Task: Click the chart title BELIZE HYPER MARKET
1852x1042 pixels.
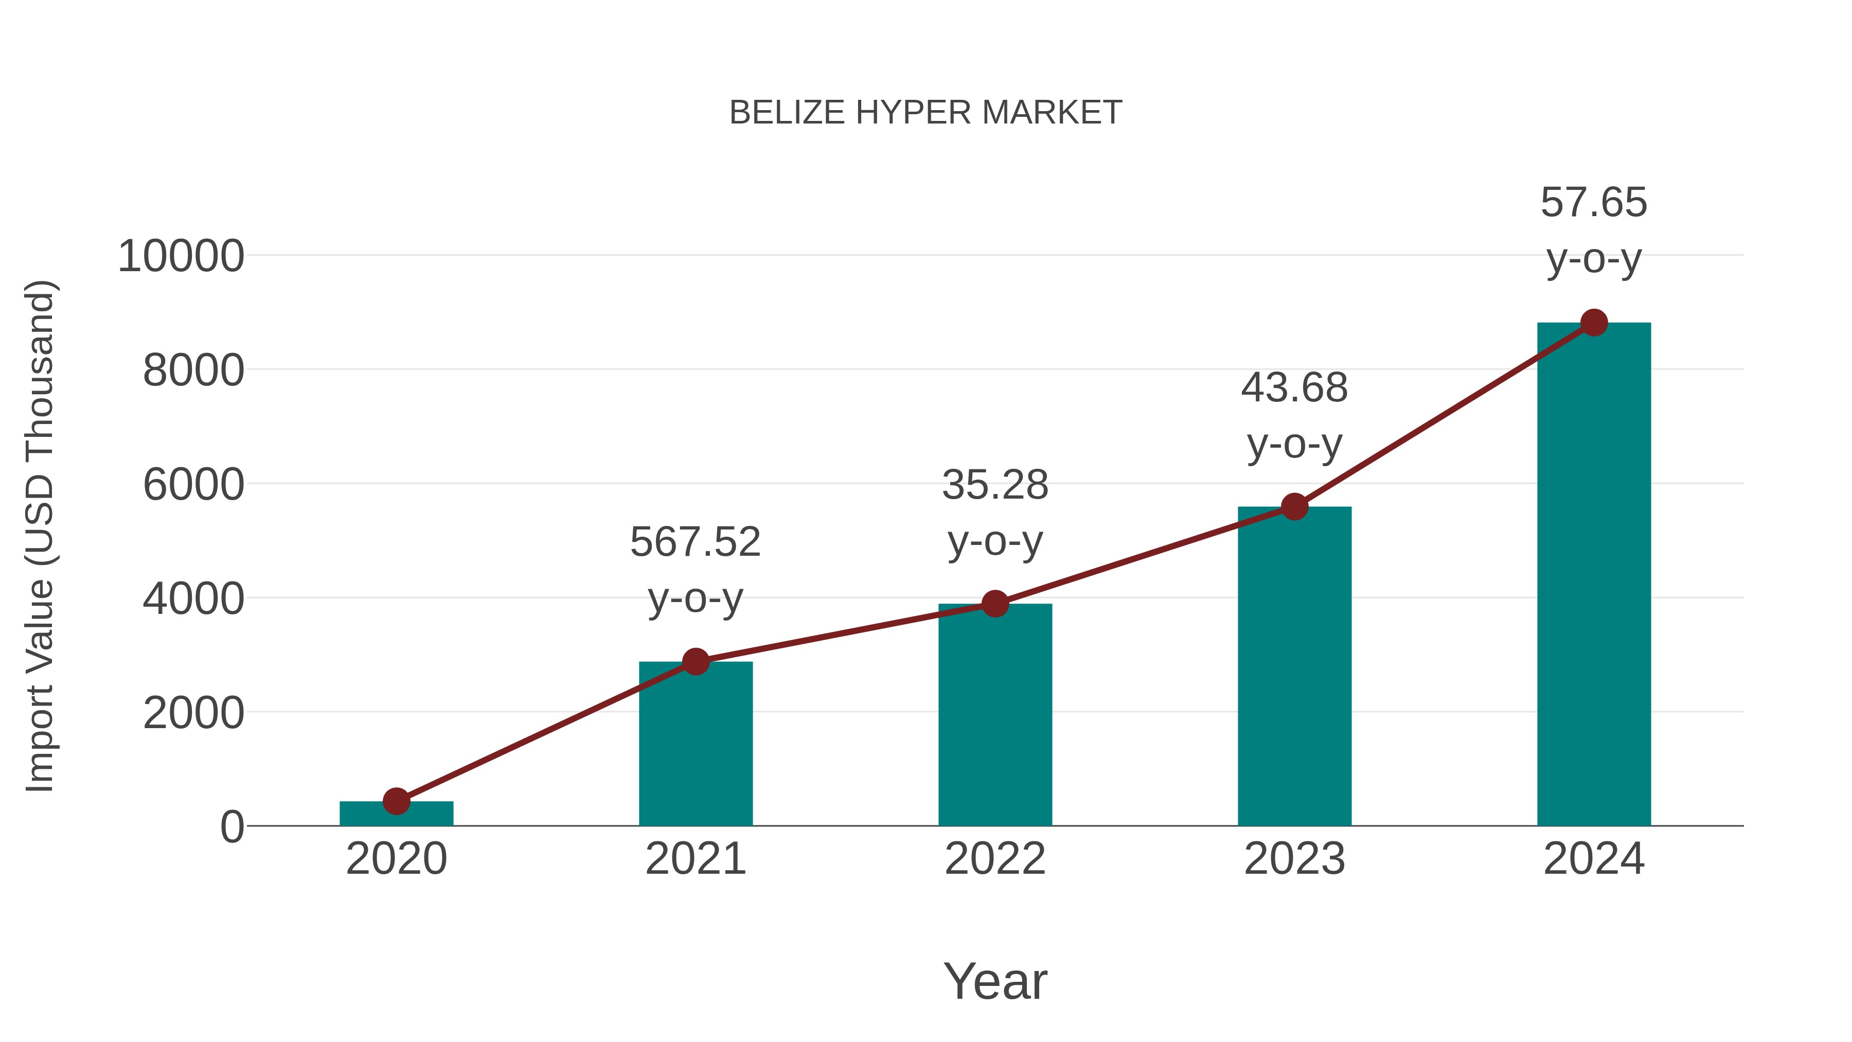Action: click(925, 113)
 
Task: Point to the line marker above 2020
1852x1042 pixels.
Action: click(396, 800)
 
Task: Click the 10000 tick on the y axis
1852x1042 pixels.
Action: click(181, 256)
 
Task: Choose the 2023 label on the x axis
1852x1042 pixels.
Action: click(1294, 859)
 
